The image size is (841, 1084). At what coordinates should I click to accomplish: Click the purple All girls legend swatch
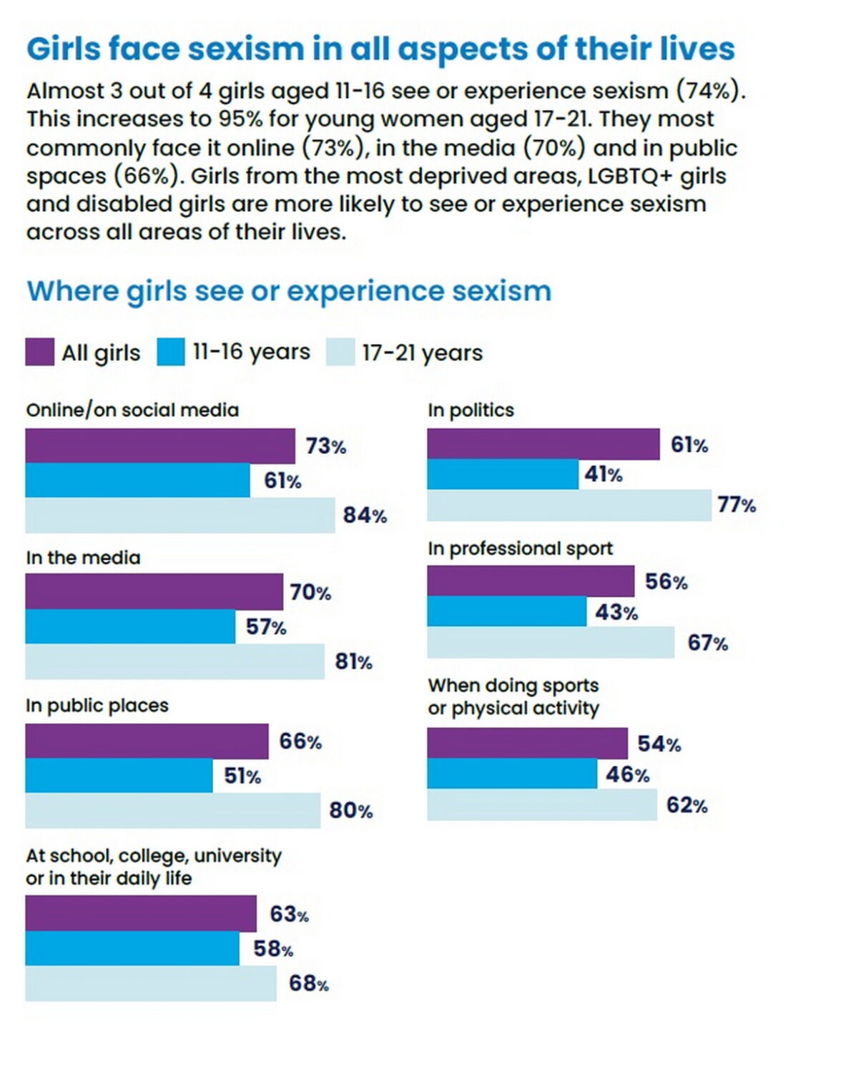pos(39,352)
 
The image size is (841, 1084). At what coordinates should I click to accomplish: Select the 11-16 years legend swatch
pos(171,352)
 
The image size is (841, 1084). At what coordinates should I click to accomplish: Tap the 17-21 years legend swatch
pos(340,352)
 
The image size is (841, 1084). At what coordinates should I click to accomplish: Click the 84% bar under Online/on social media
pos(179,516)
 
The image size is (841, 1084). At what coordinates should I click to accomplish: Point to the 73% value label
pos(326,446)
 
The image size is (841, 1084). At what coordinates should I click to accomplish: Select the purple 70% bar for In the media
pos(154,591)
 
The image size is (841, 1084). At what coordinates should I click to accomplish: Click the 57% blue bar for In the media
pos(130,626)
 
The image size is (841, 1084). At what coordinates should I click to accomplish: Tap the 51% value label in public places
pos(242,776)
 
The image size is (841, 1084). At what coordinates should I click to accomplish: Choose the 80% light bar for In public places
pos(172,810)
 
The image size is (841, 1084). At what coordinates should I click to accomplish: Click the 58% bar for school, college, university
pos(132,948)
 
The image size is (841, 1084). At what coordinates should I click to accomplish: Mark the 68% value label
pos(309,984)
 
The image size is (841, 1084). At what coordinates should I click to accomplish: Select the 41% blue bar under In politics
pos(503,474)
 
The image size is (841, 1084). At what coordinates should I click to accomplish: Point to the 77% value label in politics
pos(737,505)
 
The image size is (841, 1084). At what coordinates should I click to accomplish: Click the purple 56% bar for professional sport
pos(531,581)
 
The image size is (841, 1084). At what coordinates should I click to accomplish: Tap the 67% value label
pos(708,643)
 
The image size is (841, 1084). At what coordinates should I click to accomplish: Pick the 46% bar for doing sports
pos(512,774)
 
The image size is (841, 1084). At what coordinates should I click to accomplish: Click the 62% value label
pos(687,805)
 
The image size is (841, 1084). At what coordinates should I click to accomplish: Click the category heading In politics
pos(471,410)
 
